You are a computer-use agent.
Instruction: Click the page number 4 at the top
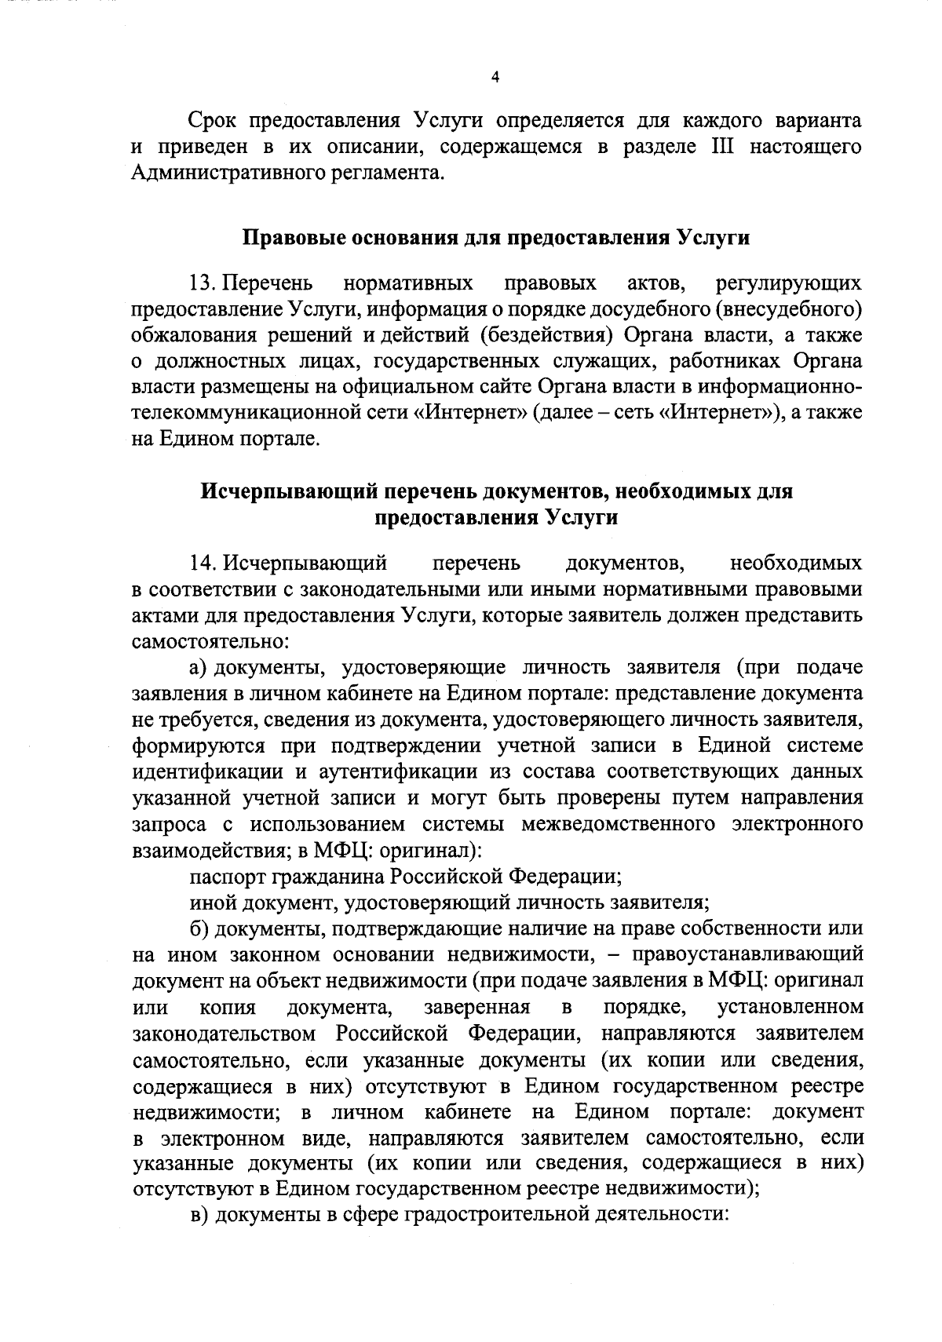pos(494,77)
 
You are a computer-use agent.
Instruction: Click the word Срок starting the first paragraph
pos(214,121)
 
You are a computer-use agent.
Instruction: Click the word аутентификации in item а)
pos(399,771)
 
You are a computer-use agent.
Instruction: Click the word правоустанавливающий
pos(747,955)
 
